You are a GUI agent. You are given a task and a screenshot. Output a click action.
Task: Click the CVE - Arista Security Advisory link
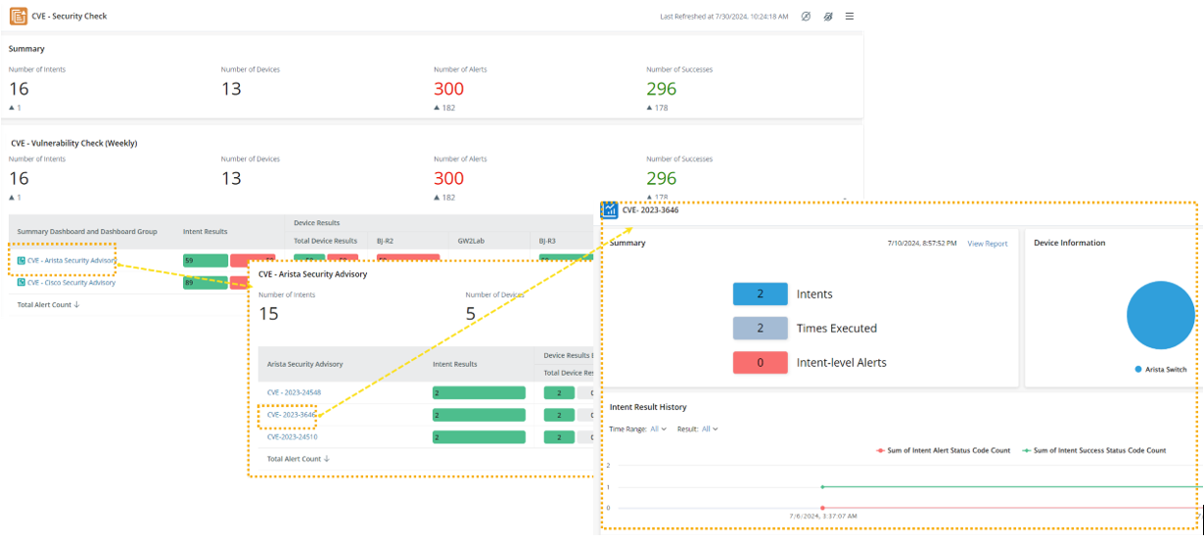(x=70, y=260)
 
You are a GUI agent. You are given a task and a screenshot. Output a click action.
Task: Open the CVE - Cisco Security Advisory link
(x=70, y=283)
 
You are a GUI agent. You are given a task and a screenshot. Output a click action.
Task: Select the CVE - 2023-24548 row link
(x=294, y=392)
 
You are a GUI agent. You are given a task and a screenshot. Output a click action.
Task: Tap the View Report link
(x=987, y=244)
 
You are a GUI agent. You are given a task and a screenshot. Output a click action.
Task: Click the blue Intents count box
(x=760, y=294)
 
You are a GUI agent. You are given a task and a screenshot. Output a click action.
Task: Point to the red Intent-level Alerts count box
(x=760, y=363)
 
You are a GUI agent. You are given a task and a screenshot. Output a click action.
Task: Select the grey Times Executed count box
(x=760, y=329)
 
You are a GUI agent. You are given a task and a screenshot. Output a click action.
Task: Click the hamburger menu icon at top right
(x=850, y=17)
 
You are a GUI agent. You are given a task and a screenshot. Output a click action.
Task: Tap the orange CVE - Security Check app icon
(x=19, y=17)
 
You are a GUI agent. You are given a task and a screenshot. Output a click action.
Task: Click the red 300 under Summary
(x=448, y=89)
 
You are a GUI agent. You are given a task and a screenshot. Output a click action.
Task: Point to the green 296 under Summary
(x=661, y=89)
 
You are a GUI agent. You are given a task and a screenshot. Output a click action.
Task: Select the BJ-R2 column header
(x=385, y=240)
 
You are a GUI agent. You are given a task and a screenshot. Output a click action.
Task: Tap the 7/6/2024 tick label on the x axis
(x=822, y=516)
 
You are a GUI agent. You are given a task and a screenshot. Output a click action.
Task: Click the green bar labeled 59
(x=206, y=260)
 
